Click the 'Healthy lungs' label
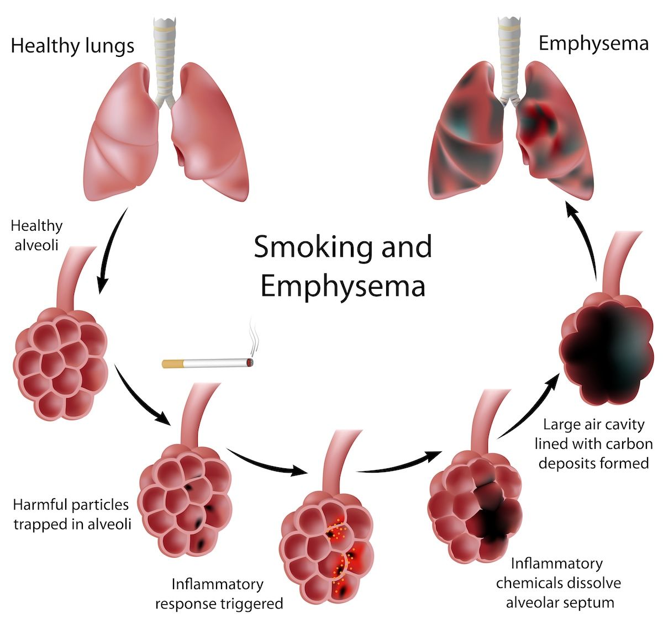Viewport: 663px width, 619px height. click(72, 46)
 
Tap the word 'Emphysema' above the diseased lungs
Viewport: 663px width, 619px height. click(593, 44)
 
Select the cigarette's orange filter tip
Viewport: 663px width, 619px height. click(172, 364)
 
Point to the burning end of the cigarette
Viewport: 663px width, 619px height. click(250, 362)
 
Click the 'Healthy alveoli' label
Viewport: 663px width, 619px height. click(36, 236)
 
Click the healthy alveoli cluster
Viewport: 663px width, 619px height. click(60, 364)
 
